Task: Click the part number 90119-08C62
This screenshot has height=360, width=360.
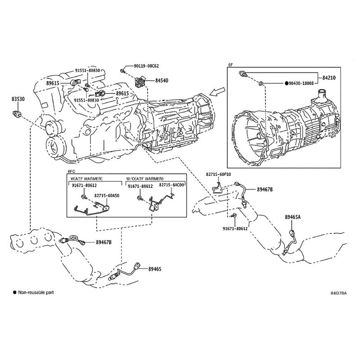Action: point(146,66)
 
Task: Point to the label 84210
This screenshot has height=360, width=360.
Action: point(329,78)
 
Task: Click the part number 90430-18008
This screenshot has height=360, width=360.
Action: point(303,83)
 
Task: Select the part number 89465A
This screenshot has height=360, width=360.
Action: point(292,217)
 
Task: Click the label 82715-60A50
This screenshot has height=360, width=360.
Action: point(107,196)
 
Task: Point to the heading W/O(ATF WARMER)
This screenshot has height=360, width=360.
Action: point(145,179)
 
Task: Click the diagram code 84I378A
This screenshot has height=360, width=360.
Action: point(338,293)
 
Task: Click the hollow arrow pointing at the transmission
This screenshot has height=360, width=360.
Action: point(218,93)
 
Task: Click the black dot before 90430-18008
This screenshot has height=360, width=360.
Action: point(285,83)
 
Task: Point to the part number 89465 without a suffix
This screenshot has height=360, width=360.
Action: point(155,269)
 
